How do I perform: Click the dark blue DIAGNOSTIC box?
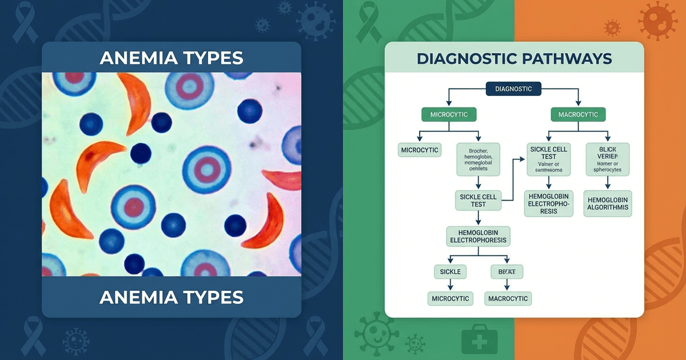(513, 89)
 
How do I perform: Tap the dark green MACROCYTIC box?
(578, 114)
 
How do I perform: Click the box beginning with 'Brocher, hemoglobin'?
(478, 158)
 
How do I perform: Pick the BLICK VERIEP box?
(608, 158)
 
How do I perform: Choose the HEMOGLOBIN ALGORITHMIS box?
(607, 203)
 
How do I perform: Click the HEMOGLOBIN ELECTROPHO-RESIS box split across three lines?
(549, 203)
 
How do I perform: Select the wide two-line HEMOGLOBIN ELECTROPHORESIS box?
(478, 235)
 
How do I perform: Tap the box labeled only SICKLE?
(450, 271)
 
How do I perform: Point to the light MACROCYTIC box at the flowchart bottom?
(508, 298)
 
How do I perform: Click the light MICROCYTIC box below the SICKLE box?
(450, 298)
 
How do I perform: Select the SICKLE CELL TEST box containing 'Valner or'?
(549, 158)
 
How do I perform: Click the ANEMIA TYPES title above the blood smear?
(171, 58)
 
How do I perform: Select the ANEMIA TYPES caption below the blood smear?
(171, 297)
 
